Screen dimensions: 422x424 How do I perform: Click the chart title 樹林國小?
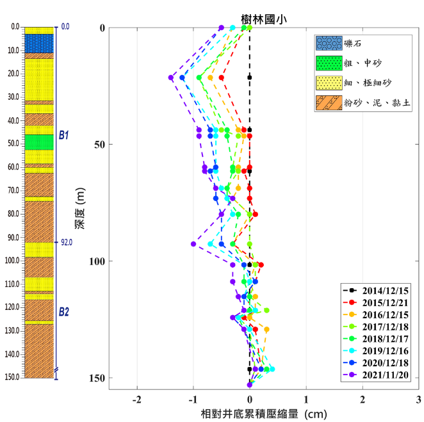tap(263, 19)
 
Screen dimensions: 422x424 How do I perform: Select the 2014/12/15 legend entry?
tap(380, 290)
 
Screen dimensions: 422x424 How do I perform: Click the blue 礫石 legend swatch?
tap(327, 44)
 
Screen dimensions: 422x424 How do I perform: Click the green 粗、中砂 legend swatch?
tap(327, 63)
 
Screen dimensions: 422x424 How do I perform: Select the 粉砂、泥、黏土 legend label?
tap(374, 103)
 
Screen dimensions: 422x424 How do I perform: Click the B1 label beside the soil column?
tap(63, 136)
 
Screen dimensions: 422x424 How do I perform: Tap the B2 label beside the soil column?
tap(63, 312)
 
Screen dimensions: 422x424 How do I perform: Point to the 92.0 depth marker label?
tap(67, 242)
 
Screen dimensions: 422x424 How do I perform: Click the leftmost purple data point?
tap(171, 77)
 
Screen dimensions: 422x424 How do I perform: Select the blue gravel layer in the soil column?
tap(39, 43)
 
